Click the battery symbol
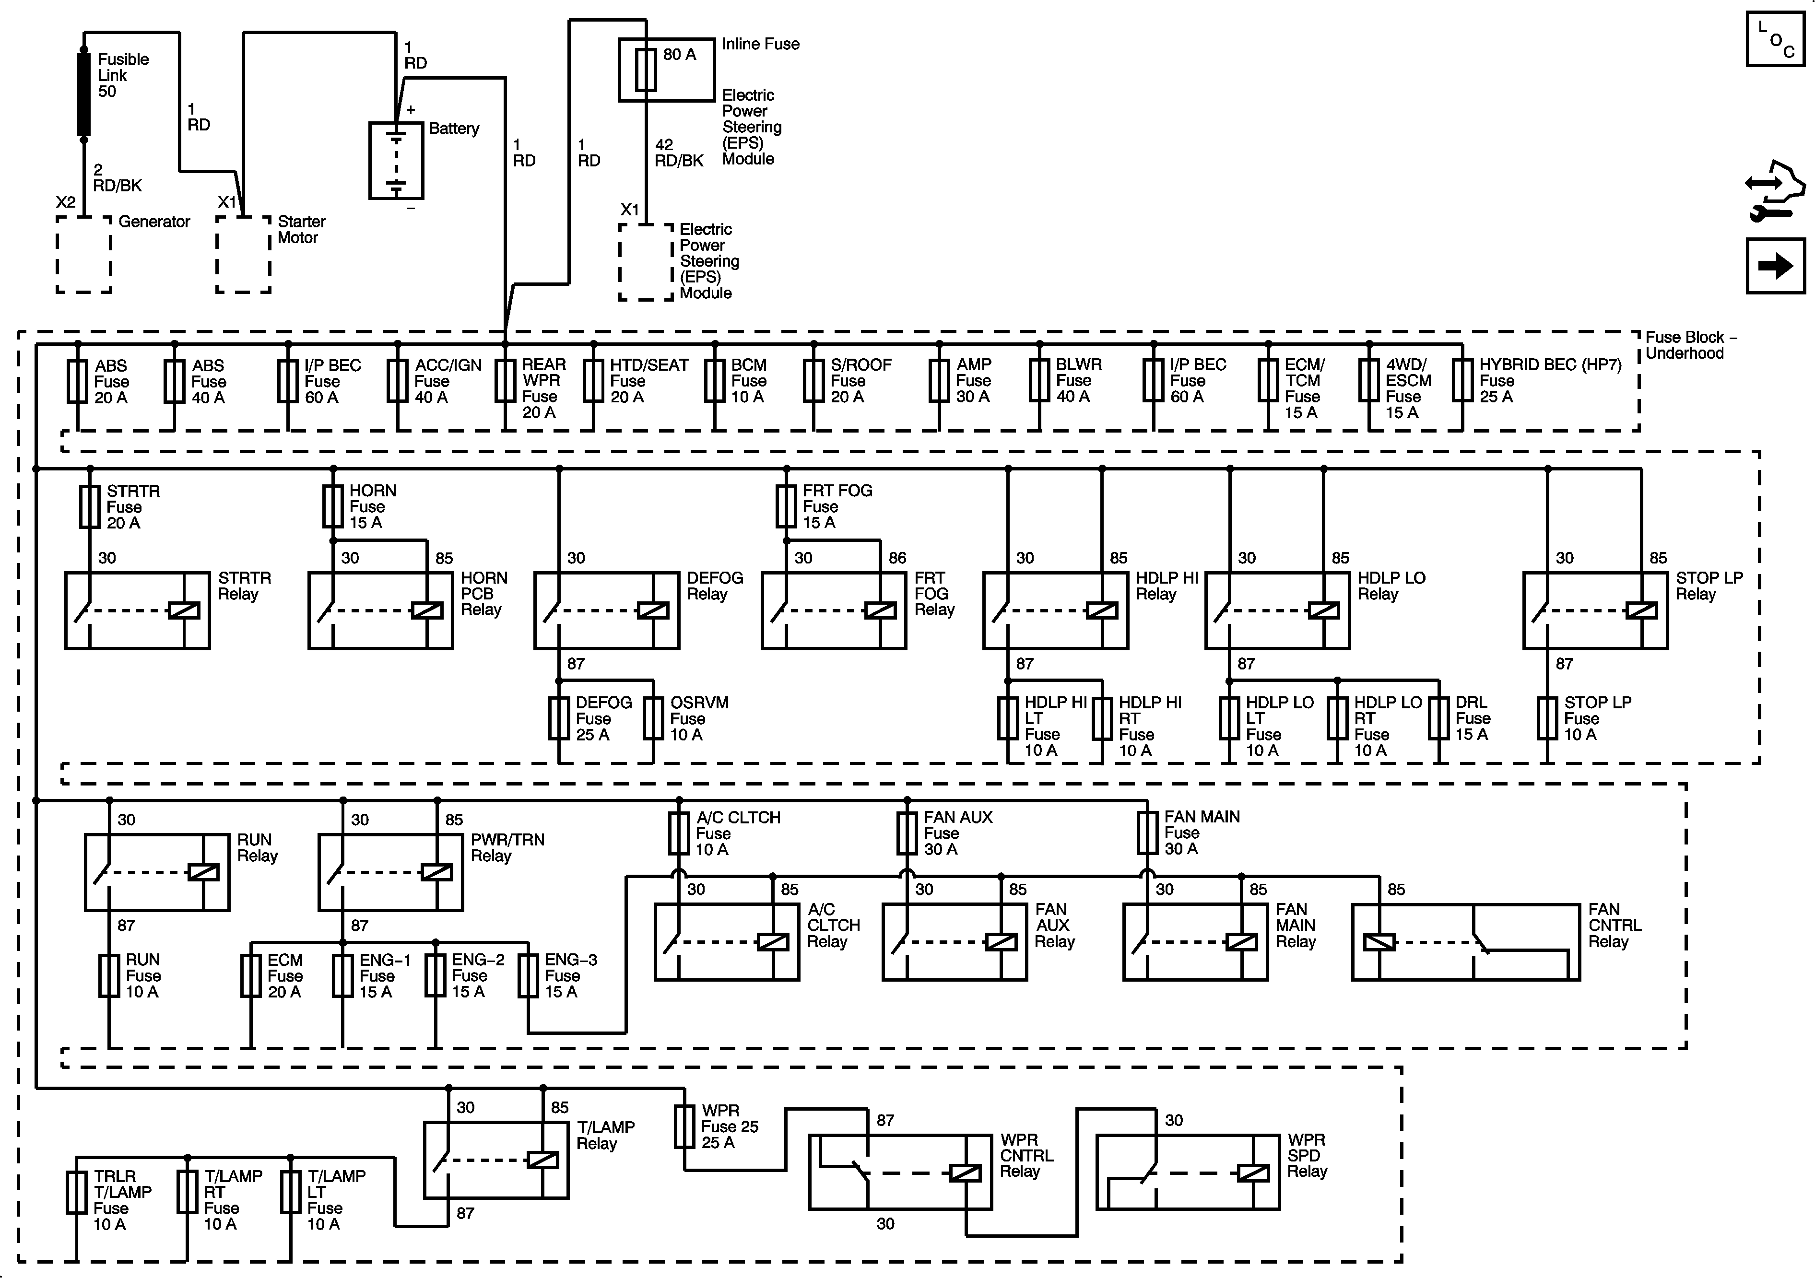coord(396,161)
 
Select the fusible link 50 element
coord(84,95)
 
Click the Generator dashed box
coord(84,255)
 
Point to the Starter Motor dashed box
coord(244,255)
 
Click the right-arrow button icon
coord(1776,266)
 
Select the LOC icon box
coord(1775,39)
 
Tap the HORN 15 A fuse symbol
coord(333,506)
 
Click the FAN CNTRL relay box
coord(1466,942)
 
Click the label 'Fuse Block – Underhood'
coord(1691,345)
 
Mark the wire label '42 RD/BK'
coord(678,152)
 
